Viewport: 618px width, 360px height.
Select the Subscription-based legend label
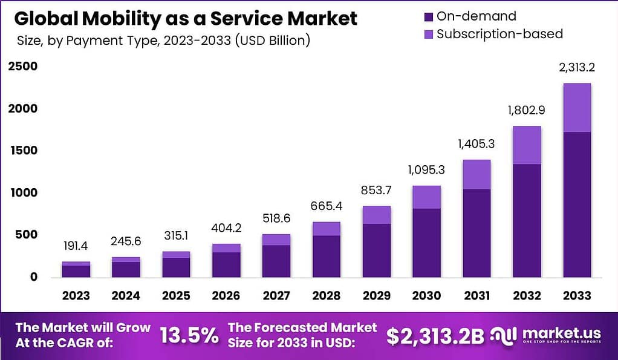[x=499, y=34]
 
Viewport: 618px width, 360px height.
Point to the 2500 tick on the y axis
[x=22, y=66]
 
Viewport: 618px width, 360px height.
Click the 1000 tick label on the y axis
[x=22, y=192]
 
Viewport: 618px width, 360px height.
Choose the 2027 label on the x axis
[x=276, y=296]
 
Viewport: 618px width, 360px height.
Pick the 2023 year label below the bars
[x=76, y=296]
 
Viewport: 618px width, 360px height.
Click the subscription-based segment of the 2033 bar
[x=576, y=108]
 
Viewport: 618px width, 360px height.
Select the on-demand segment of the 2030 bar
[x=426, y=242]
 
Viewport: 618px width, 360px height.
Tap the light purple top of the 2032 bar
[x=527, y=145]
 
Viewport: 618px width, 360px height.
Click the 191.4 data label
[x=76, y=247]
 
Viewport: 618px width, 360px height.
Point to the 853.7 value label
[x=376, y=191]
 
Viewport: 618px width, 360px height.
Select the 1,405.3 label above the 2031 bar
[x=477, y=144]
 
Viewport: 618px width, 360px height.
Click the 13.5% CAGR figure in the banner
[x=189, y=335]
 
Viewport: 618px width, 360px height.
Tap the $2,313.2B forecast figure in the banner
[x=435, y=336]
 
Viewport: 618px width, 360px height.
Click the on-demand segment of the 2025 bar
[x=176, y=267]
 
